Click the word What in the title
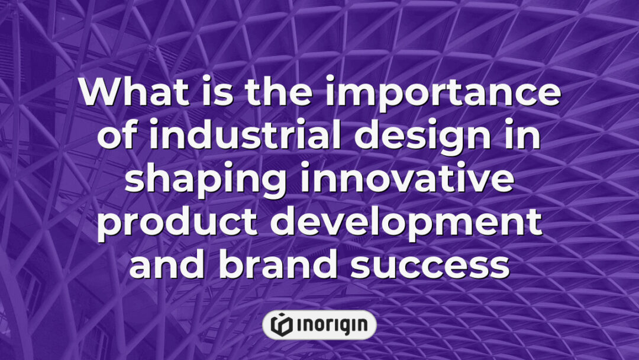[127, 94]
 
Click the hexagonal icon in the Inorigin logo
[281, 324]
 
